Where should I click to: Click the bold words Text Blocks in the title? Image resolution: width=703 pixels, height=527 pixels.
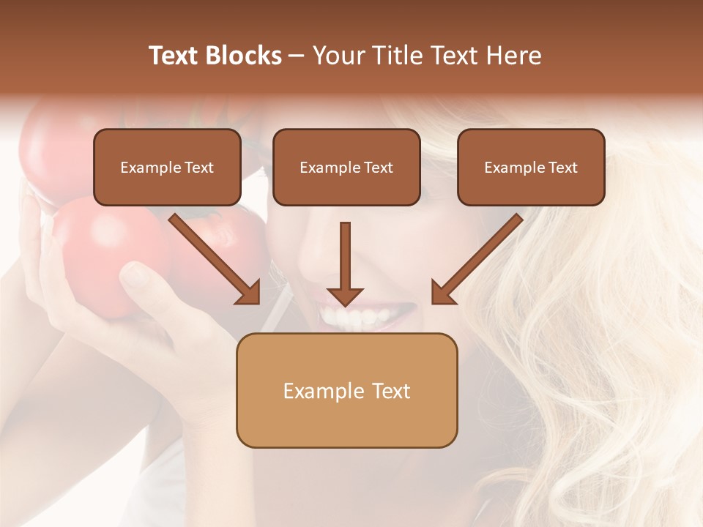215,56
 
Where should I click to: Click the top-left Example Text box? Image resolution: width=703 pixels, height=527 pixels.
167,167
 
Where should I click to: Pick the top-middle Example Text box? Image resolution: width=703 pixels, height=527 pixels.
346,167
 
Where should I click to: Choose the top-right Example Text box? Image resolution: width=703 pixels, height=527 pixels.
531,167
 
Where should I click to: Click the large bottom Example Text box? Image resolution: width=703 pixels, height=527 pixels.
346,390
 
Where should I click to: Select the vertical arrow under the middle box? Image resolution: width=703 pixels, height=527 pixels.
345,260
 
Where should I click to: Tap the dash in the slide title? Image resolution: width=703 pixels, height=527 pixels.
297,56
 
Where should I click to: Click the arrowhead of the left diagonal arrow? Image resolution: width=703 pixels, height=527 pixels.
249,293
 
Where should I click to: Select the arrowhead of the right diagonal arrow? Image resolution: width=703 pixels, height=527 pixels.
442,293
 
